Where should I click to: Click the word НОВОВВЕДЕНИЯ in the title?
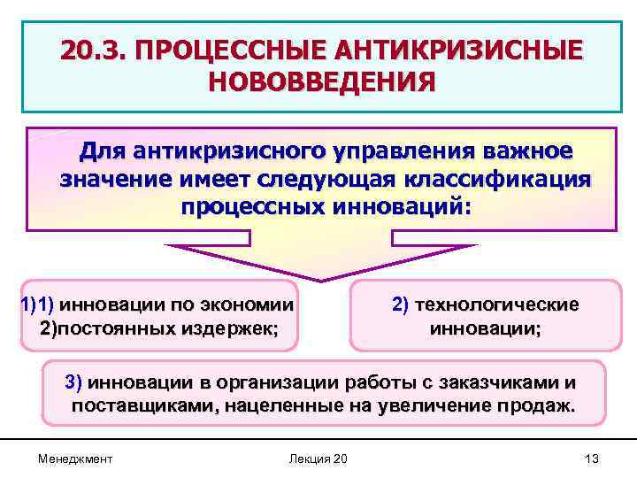coord(322,82)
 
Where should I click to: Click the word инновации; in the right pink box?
coord(485,328)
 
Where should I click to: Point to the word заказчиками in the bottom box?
coord(503,383)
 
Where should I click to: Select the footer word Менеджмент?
coord(75,458)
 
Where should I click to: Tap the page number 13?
coord(592,458)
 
